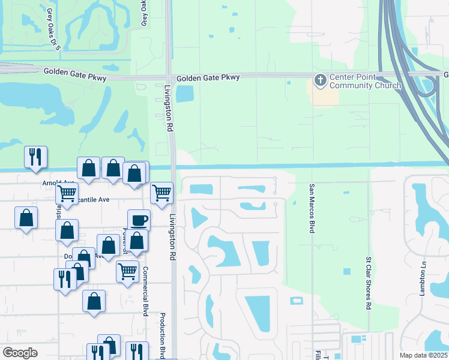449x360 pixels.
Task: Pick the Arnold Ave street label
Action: coord(58,182)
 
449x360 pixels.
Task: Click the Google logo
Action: coord(20,352)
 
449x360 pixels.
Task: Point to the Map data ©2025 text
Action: coord(423,355)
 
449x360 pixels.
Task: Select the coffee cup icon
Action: coord(139,220)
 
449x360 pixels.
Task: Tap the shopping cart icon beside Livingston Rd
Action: coord(161,193)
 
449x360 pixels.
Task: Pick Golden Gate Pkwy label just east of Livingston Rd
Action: coord(208,77)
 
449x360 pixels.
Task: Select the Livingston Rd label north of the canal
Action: coord(169,108)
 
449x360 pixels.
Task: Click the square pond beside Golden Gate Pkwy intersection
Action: coord(185,93)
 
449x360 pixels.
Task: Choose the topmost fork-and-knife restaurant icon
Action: coord(35,157)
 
